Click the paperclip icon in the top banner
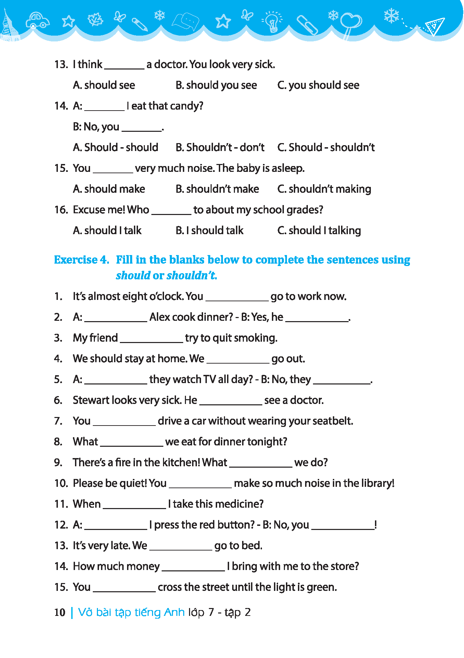tap(307, 25)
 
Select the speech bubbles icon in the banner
tap(186, 22)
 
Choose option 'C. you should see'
tap(318, 85)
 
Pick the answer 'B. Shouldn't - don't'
tap(220, 148)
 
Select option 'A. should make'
tap(109, 189)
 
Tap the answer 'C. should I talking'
tap(319, 231)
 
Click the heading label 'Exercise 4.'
tap(81, 260)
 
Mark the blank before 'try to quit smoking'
tap(151, 339)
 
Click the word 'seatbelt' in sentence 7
tap(333, 421)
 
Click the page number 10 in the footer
tap(60, 612)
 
